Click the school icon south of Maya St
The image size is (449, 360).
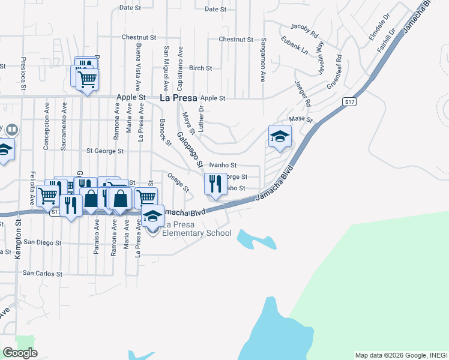(x=280, y=137)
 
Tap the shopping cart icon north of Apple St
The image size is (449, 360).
(x=88, y=78)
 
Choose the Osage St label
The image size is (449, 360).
(x=178, y=182)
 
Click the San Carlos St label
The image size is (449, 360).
(x=43, y=274)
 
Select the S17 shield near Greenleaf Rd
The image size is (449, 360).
(x=351, y=103)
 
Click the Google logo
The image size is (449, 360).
(x=20, y=353)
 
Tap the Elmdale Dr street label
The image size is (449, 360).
(x=383, y=25)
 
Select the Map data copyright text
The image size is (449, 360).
(x=400, y=355)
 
